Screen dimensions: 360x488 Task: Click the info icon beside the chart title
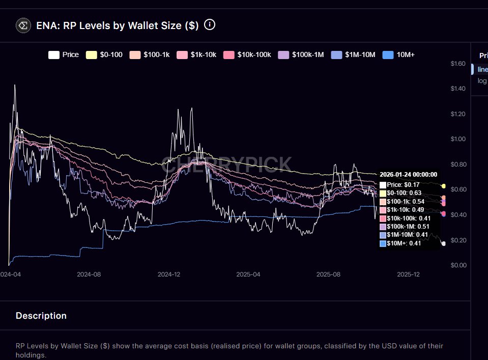(x=209, y=24)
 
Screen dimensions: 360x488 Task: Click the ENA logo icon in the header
(x=23, y=25)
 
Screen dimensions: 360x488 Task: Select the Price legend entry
(x=64, y=54)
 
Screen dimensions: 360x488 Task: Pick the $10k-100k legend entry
(x=248, y=54)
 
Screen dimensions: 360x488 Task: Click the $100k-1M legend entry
(x=302, y=54)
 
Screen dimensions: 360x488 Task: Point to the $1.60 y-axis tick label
(x=458, y=64)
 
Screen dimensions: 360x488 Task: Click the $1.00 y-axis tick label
(x=458, y=139)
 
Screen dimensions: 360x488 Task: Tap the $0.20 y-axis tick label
(x=458, y=240)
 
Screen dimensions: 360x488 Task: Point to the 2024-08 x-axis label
(x=89, y=274)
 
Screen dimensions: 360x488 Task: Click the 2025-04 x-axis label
(x=248, y=274)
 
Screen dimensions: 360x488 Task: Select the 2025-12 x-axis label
(x=408, y=274)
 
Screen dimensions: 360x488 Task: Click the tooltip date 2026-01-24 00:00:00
(x=408, y=175)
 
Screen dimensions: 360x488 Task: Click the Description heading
(x=41, y=316)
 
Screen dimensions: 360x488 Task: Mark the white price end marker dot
(x=443, y=244)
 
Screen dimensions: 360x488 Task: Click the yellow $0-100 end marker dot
(x=444, y=186)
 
